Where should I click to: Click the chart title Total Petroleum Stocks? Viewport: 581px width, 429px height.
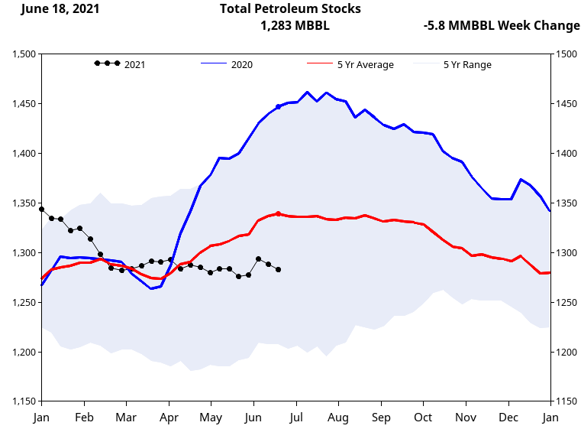[x=290, y=8]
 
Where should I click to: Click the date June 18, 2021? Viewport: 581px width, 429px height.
[x=60, y=8]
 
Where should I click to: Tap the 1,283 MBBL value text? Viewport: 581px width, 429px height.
[x=295, y=25]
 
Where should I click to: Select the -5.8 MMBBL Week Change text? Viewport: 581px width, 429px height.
[x=501, y=25]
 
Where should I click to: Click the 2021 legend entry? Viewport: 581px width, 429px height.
[x=134, y=64]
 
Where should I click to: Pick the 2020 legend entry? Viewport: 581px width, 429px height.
[x=241, y=64]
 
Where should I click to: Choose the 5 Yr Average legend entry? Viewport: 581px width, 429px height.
[x=365, y=64]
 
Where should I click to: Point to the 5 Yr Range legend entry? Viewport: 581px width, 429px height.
[x=467, y=64]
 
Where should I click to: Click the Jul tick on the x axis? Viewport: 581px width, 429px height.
[x=296, y=418]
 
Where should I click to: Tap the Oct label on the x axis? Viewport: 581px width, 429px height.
[x=423, y=418]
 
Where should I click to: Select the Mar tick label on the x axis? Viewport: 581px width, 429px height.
[x=126, y=418]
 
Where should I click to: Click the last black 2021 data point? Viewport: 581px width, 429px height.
[x=278, y=269]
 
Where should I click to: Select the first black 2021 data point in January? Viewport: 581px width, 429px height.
[x=41, y=209]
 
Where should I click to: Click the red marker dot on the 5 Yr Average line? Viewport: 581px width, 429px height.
[x=278, y=213]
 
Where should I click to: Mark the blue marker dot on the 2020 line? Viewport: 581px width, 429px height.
[x=278, y=107]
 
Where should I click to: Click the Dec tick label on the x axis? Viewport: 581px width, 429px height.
[x=507, y=418]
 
